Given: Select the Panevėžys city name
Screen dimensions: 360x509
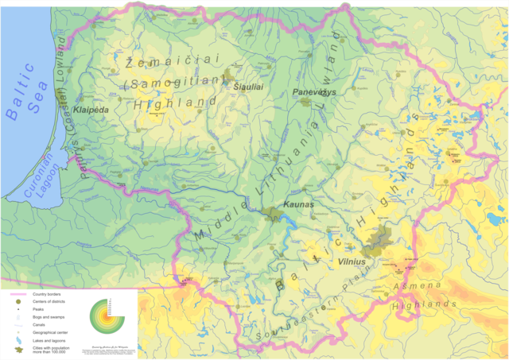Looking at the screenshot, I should click(315, 92).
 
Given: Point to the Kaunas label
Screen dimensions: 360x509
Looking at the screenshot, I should click(299, 204).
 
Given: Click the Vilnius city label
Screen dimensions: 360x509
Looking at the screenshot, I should click(351, 261).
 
